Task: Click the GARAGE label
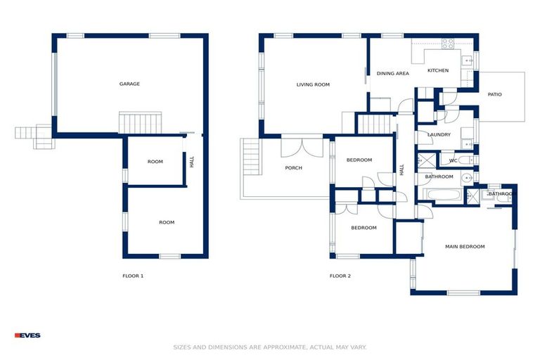(x=129, y=84)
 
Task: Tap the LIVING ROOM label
(x=313, y=84)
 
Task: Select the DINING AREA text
(x=392, y=73)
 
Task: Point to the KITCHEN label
(x=438, y=70)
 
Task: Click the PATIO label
(x=495, y=94)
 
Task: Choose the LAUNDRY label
(x=439, y=134)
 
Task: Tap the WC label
(x=454, y=160)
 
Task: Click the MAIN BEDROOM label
(x=465, y=247)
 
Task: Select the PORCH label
(x=293, y=168)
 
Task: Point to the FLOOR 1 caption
(x=133, y=276)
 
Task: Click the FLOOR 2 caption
(x=340, y=276)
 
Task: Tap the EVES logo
(x=27, y=335)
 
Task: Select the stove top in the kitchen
(x=448, y=43)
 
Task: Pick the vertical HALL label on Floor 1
(x=191, y=162)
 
